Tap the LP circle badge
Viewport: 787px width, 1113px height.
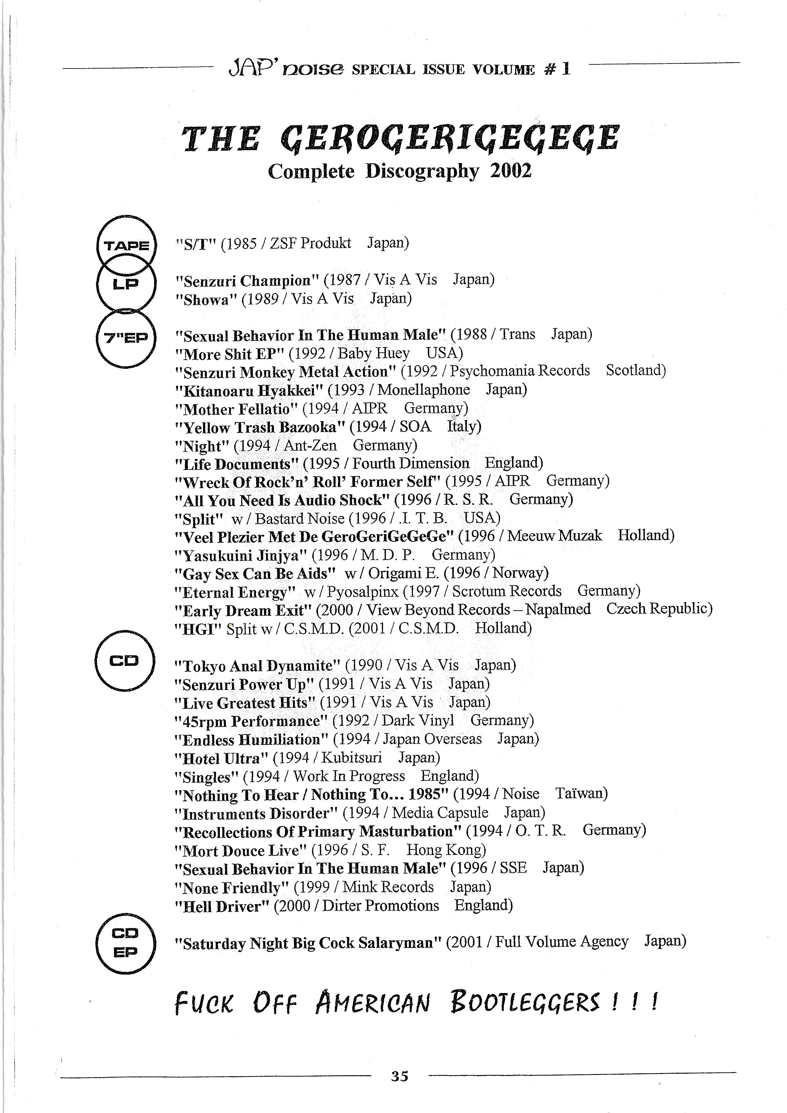coord(126,285)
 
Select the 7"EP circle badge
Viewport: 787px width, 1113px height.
coord(126,338)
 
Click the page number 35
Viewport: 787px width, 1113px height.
coord(400,1076)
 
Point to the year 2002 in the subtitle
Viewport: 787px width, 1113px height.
coord(511,171)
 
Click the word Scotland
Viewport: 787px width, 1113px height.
coord(635,371)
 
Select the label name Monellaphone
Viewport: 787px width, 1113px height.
coord(424,390)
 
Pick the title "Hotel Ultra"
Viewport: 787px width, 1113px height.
coord(221,758)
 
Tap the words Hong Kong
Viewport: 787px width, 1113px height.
coord(445,850)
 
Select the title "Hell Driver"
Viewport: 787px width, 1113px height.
coord(222,906)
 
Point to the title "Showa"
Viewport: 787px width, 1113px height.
coord(207,300)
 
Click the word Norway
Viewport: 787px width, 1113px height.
coord(519,573)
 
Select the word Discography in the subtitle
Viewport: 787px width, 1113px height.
coord(422,171)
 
